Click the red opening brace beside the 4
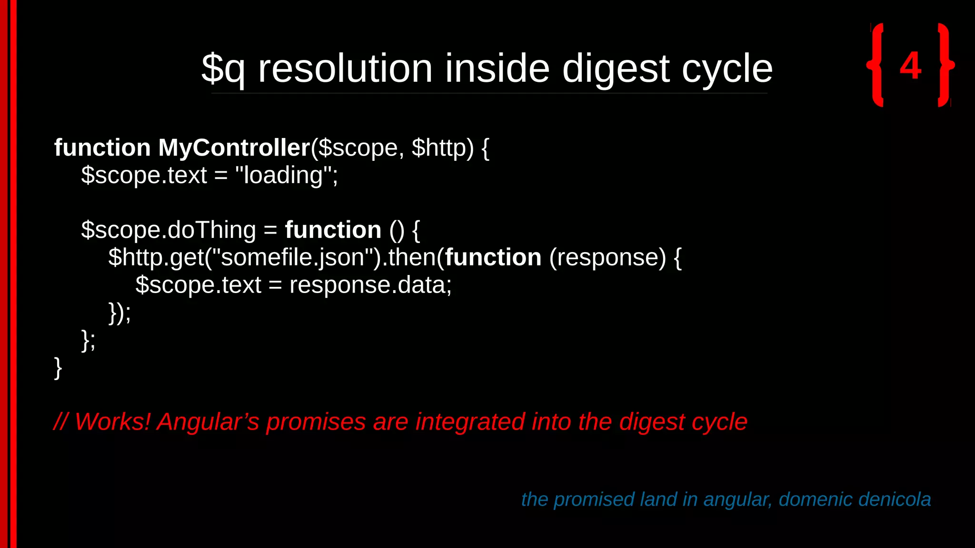[x=876, y=65]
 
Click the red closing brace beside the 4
[x=945, y=65]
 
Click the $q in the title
[x=223, y=69]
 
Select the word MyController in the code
[x=234, y=147]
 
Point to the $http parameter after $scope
[x=442, y=147]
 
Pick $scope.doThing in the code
[x=169, y=230]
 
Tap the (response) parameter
[x=607, y=257]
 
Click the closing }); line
[x=119, y=313]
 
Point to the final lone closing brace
[x=58, y=368]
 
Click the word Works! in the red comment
[x=112, y=421]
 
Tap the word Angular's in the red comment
[x=208, y=421]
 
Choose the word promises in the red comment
[x=316, y=421]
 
